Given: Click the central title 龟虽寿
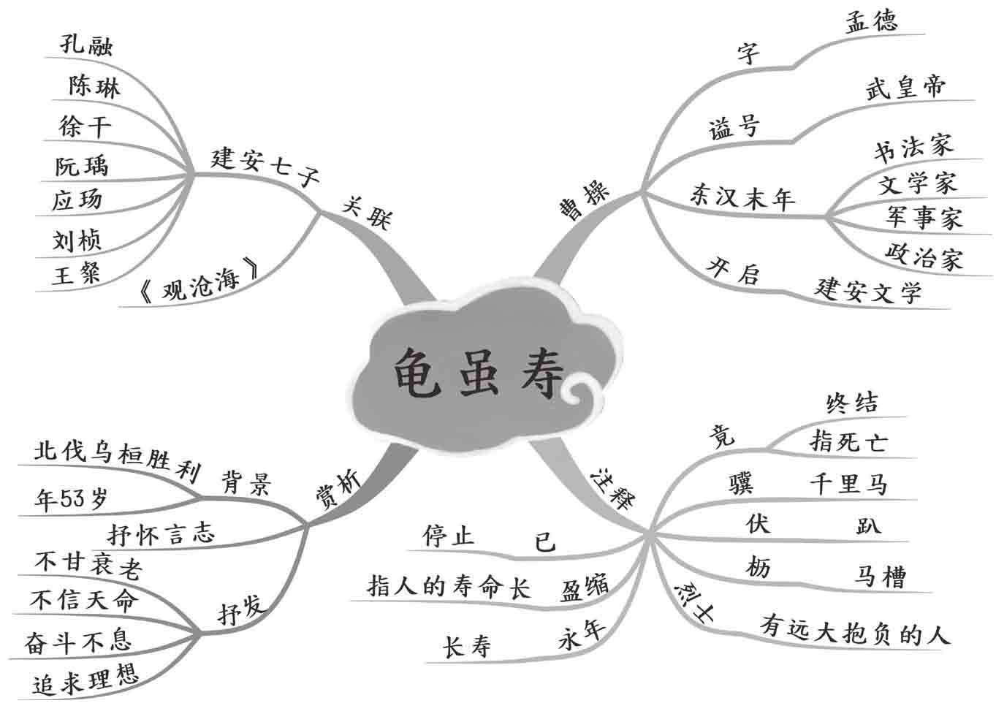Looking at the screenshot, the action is (x=479, y=373).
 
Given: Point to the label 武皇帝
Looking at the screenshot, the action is (x=905, y=88).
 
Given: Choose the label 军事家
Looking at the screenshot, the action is (x=924, y=217).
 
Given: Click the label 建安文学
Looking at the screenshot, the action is (x=868, y=290).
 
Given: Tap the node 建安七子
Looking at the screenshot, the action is (x=265, y=167).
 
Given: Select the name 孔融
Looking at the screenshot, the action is (x=86, y=45).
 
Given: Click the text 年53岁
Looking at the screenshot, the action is (x=71, y=499).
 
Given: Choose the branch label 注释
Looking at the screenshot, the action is (x=612, y=487).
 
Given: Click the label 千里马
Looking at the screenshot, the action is (x=848, y=484).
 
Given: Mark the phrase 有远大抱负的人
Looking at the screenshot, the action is (x=855, y=630).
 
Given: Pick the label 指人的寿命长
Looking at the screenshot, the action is (x=449, y=586).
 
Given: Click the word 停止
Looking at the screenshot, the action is (x=449, y=536).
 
